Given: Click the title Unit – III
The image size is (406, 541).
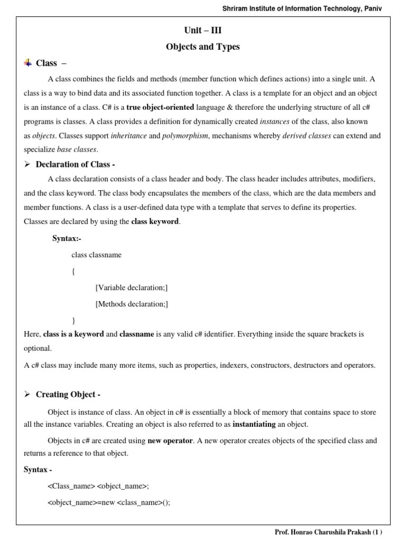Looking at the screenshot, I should pyautogui.click(x=203, y=31).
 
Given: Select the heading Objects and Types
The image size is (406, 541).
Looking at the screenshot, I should pyautogui.click(x=203, y=46).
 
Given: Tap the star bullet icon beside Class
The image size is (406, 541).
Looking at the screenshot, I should pyautogui.click(x=28, y=63).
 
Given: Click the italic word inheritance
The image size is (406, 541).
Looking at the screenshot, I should pyautogui.click(x=128, y=136).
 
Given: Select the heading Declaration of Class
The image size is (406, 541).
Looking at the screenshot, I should pyautogui.click(x=75, y=164).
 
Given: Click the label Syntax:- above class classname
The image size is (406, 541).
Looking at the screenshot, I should pyautogui.click(x=67, y=238).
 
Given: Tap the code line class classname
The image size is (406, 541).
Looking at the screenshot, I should pyautogui.click(x=96, y=255).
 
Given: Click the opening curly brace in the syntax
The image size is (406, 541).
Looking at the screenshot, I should pyautogui.click(x=73, y=272).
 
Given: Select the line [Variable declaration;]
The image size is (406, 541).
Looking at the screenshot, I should pyautogui.click(x=132, y=288).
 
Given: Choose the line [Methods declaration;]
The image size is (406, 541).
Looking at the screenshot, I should pyautogui.click(x=132, y=304).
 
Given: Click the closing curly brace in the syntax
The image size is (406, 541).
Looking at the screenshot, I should pyautogui.click(x=73, y=321).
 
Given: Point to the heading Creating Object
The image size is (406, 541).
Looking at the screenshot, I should pyautogui.click(x=68, y=394).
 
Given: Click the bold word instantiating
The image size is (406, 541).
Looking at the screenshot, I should pyautogui.click(x=254, y=424).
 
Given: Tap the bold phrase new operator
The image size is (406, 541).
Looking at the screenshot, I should pyautogui.click(x=170, y=440).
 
